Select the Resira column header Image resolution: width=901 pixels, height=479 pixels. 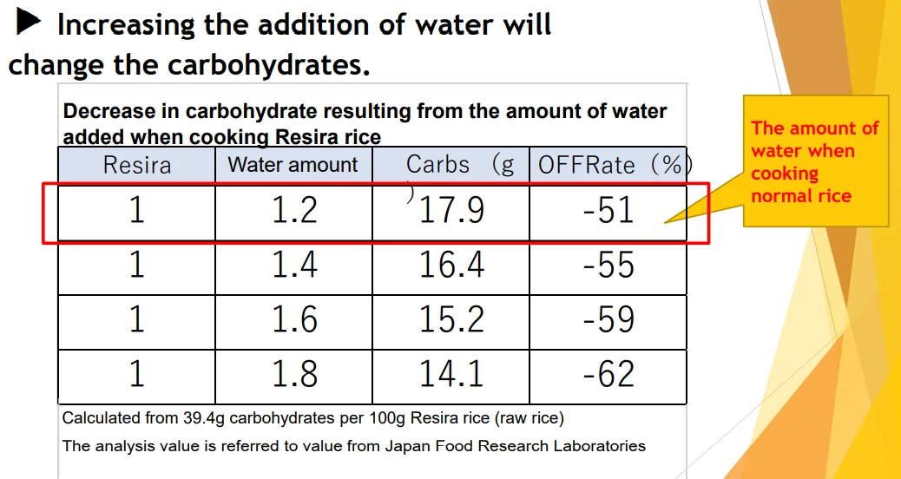pos(137,165)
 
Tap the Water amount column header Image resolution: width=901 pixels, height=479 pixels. pos(293,165)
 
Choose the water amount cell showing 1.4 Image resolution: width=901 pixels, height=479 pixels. pos(294,266)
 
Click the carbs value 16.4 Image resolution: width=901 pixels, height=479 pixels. pos(451,266)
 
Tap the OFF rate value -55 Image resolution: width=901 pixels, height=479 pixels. pos(609,266)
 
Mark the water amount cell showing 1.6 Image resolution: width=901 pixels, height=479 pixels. pos(294,320)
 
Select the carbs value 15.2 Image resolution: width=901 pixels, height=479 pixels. pos(451,320)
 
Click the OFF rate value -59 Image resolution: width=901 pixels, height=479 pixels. pos(609,320)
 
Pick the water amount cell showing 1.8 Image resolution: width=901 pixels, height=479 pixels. pos(294,374)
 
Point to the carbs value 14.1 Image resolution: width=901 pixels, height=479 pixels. pos(451,374)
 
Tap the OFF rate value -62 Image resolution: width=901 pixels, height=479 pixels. pos(609,374)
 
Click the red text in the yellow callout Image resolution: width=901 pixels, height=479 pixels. pos(814,162)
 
